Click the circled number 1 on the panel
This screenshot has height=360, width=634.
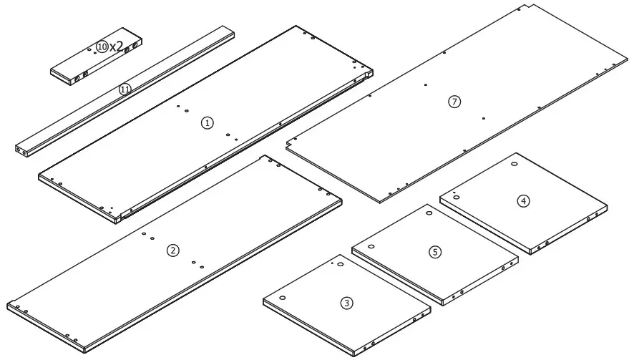[207, 123]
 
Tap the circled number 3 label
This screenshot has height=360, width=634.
[347, 303]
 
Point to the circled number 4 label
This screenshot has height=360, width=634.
[524, 201]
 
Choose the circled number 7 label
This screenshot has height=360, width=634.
[454, 102]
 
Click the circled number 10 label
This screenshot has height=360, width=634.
[102, 46]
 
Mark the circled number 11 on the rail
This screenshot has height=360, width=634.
[125, 89]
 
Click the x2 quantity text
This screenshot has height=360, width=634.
[117, 46]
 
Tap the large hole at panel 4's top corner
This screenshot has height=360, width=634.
[515, 165]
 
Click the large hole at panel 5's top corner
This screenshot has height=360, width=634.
[429, 213]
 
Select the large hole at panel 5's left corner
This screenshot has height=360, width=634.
[371, 246]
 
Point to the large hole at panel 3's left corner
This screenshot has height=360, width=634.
[283, 298]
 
